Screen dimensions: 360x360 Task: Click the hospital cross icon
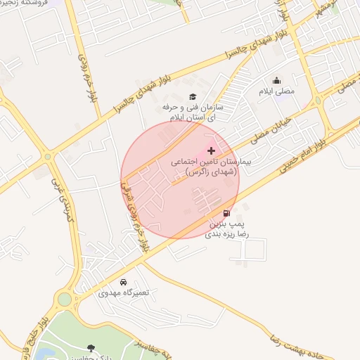[x=212, y=150]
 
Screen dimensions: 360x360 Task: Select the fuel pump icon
[x=226, y=213]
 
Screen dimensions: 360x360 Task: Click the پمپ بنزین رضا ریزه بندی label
[x=226, y=228]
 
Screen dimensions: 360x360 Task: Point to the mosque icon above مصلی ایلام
[x=276, y=80]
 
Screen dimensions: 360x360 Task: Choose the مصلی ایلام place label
[x=279, y=91]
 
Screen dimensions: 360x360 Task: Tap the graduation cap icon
[x=193, y=97]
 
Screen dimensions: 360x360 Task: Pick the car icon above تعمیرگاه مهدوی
[x=124, y=282]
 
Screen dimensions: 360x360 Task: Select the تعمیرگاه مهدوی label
[x=124, y=292]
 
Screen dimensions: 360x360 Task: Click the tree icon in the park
[x=91, y=347]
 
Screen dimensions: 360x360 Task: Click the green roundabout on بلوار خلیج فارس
[x=65, y=300]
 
